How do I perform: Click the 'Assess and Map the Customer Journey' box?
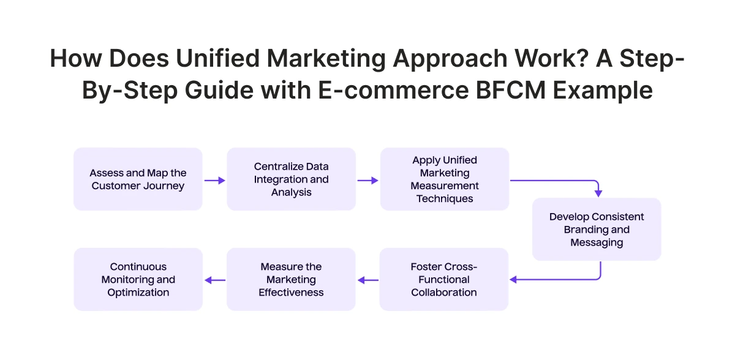pos(138,179)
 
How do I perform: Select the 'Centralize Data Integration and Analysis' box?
pos(291,179)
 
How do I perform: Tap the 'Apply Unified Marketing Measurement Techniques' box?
pos(444,179)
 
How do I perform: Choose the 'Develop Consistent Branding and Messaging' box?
pos(597,230)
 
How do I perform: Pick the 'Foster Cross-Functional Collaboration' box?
pos(444,279)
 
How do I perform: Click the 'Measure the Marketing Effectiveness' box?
pos(291,279)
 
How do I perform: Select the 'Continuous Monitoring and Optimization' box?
pos(138,279)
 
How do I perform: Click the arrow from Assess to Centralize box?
pos(214,181)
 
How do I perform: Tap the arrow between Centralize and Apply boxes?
pos(367,181)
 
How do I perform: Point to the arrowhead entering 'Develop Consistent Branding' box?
pos(598,193)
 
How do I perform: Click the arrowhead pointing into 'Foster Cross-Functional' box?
pos(514,280)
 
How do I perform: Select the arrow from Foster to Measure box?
pos(367,280)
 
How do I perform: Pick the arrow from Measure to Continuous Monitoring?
pos(214,280)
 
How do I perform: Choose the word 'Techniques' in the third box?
pos(444,199)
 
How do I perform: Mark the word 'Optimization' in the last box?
pos(138,293)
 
